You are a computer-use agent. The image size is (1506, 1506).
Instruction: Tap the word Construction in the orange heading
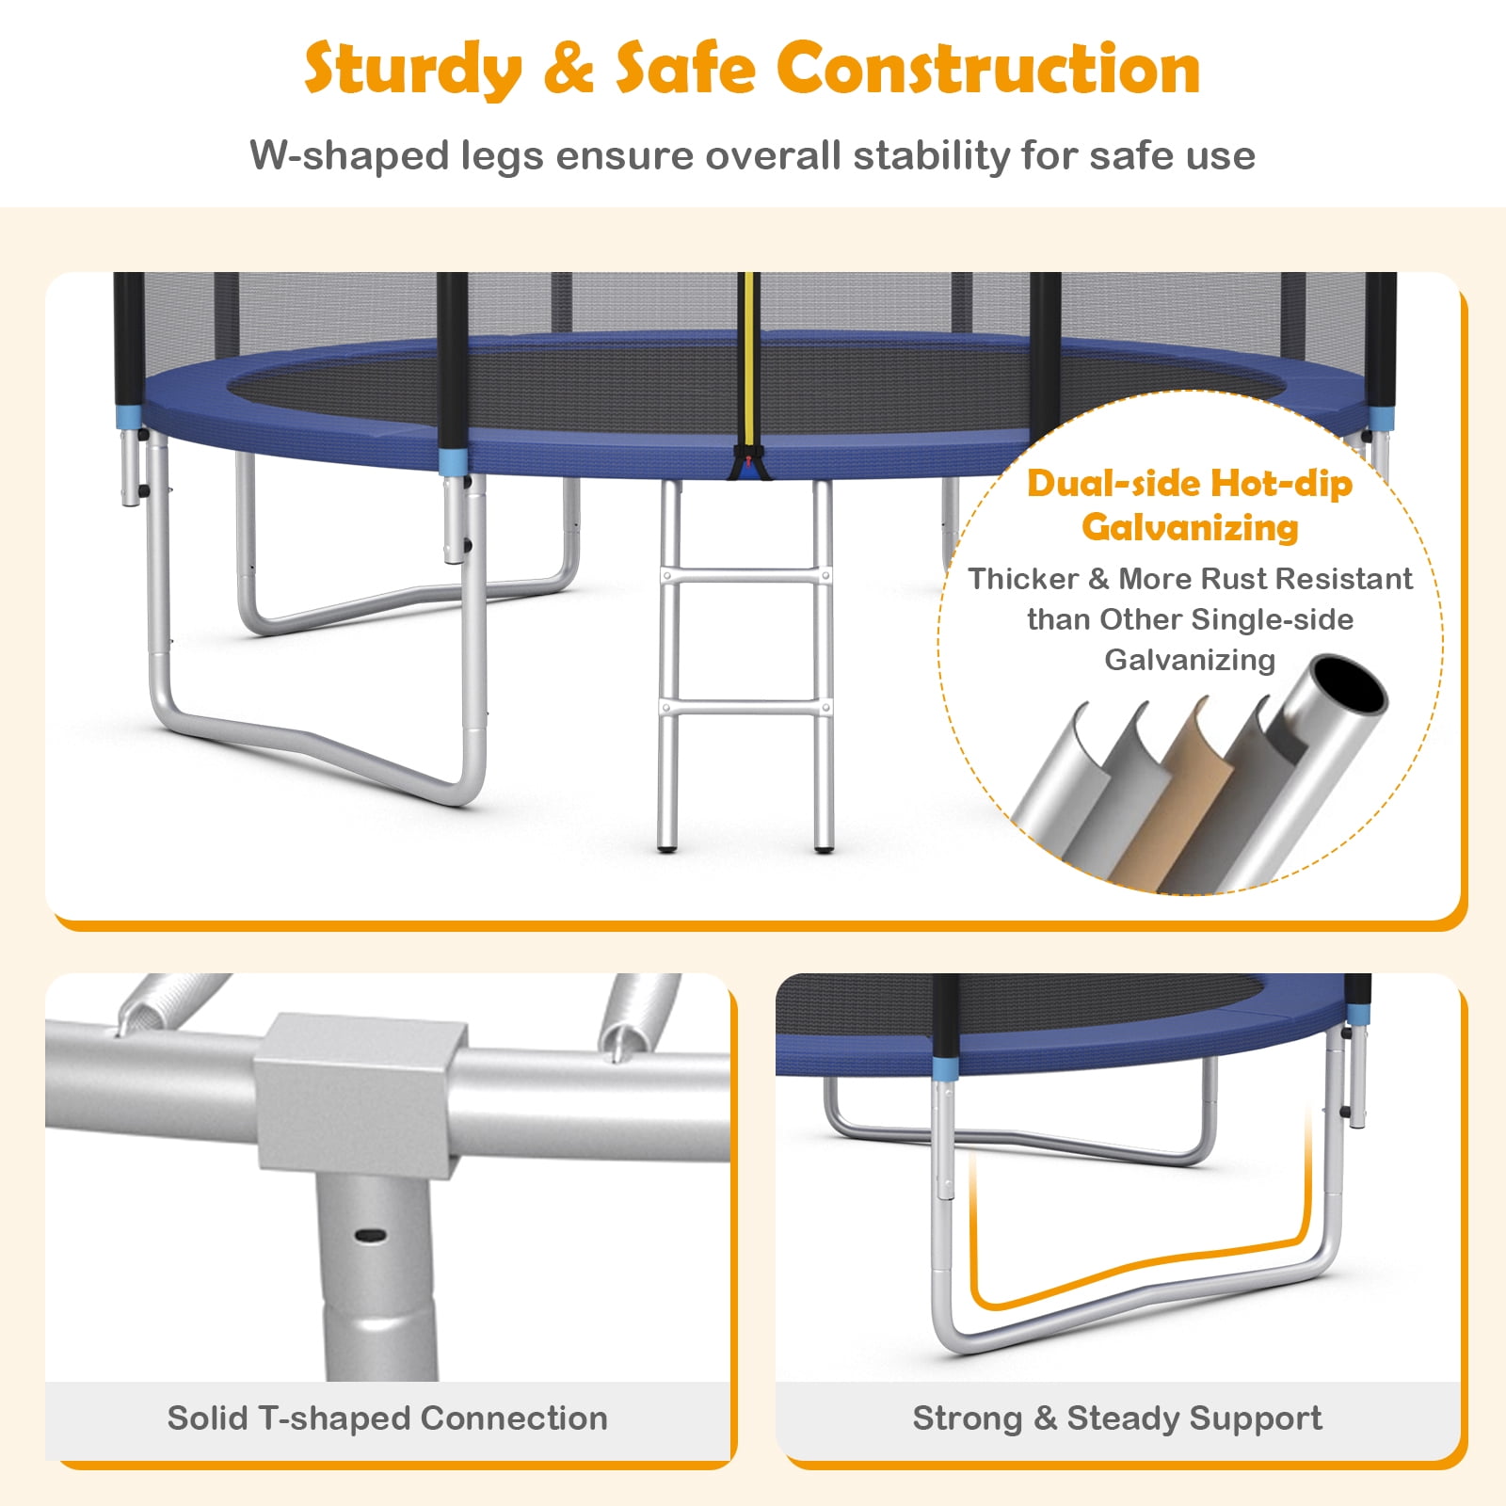coord(988,68)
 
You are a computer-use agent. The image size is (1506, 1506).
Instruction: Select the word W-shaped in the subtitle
coord(349,156)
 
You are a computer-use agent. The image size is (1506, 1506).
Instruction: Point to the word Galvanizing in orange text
coord(1190,527)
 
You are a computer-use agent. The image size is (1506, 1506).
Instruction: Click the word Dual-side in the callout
coord(1113,483)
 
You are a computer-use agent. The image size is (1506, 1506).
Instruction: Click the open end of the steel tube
coord(1350,684)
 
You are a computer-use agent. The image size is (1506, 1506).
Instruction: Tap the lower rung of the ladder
coord(745,706)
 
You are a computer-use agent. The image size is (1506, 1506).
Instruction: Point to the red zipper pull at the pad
coord(749,461)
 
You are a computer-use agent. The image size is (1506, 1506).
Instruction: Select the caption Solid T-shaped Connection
coord(387,1418)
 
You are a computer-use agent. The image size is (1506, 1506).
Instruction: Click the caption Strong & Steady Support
coord(1117,1418)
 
